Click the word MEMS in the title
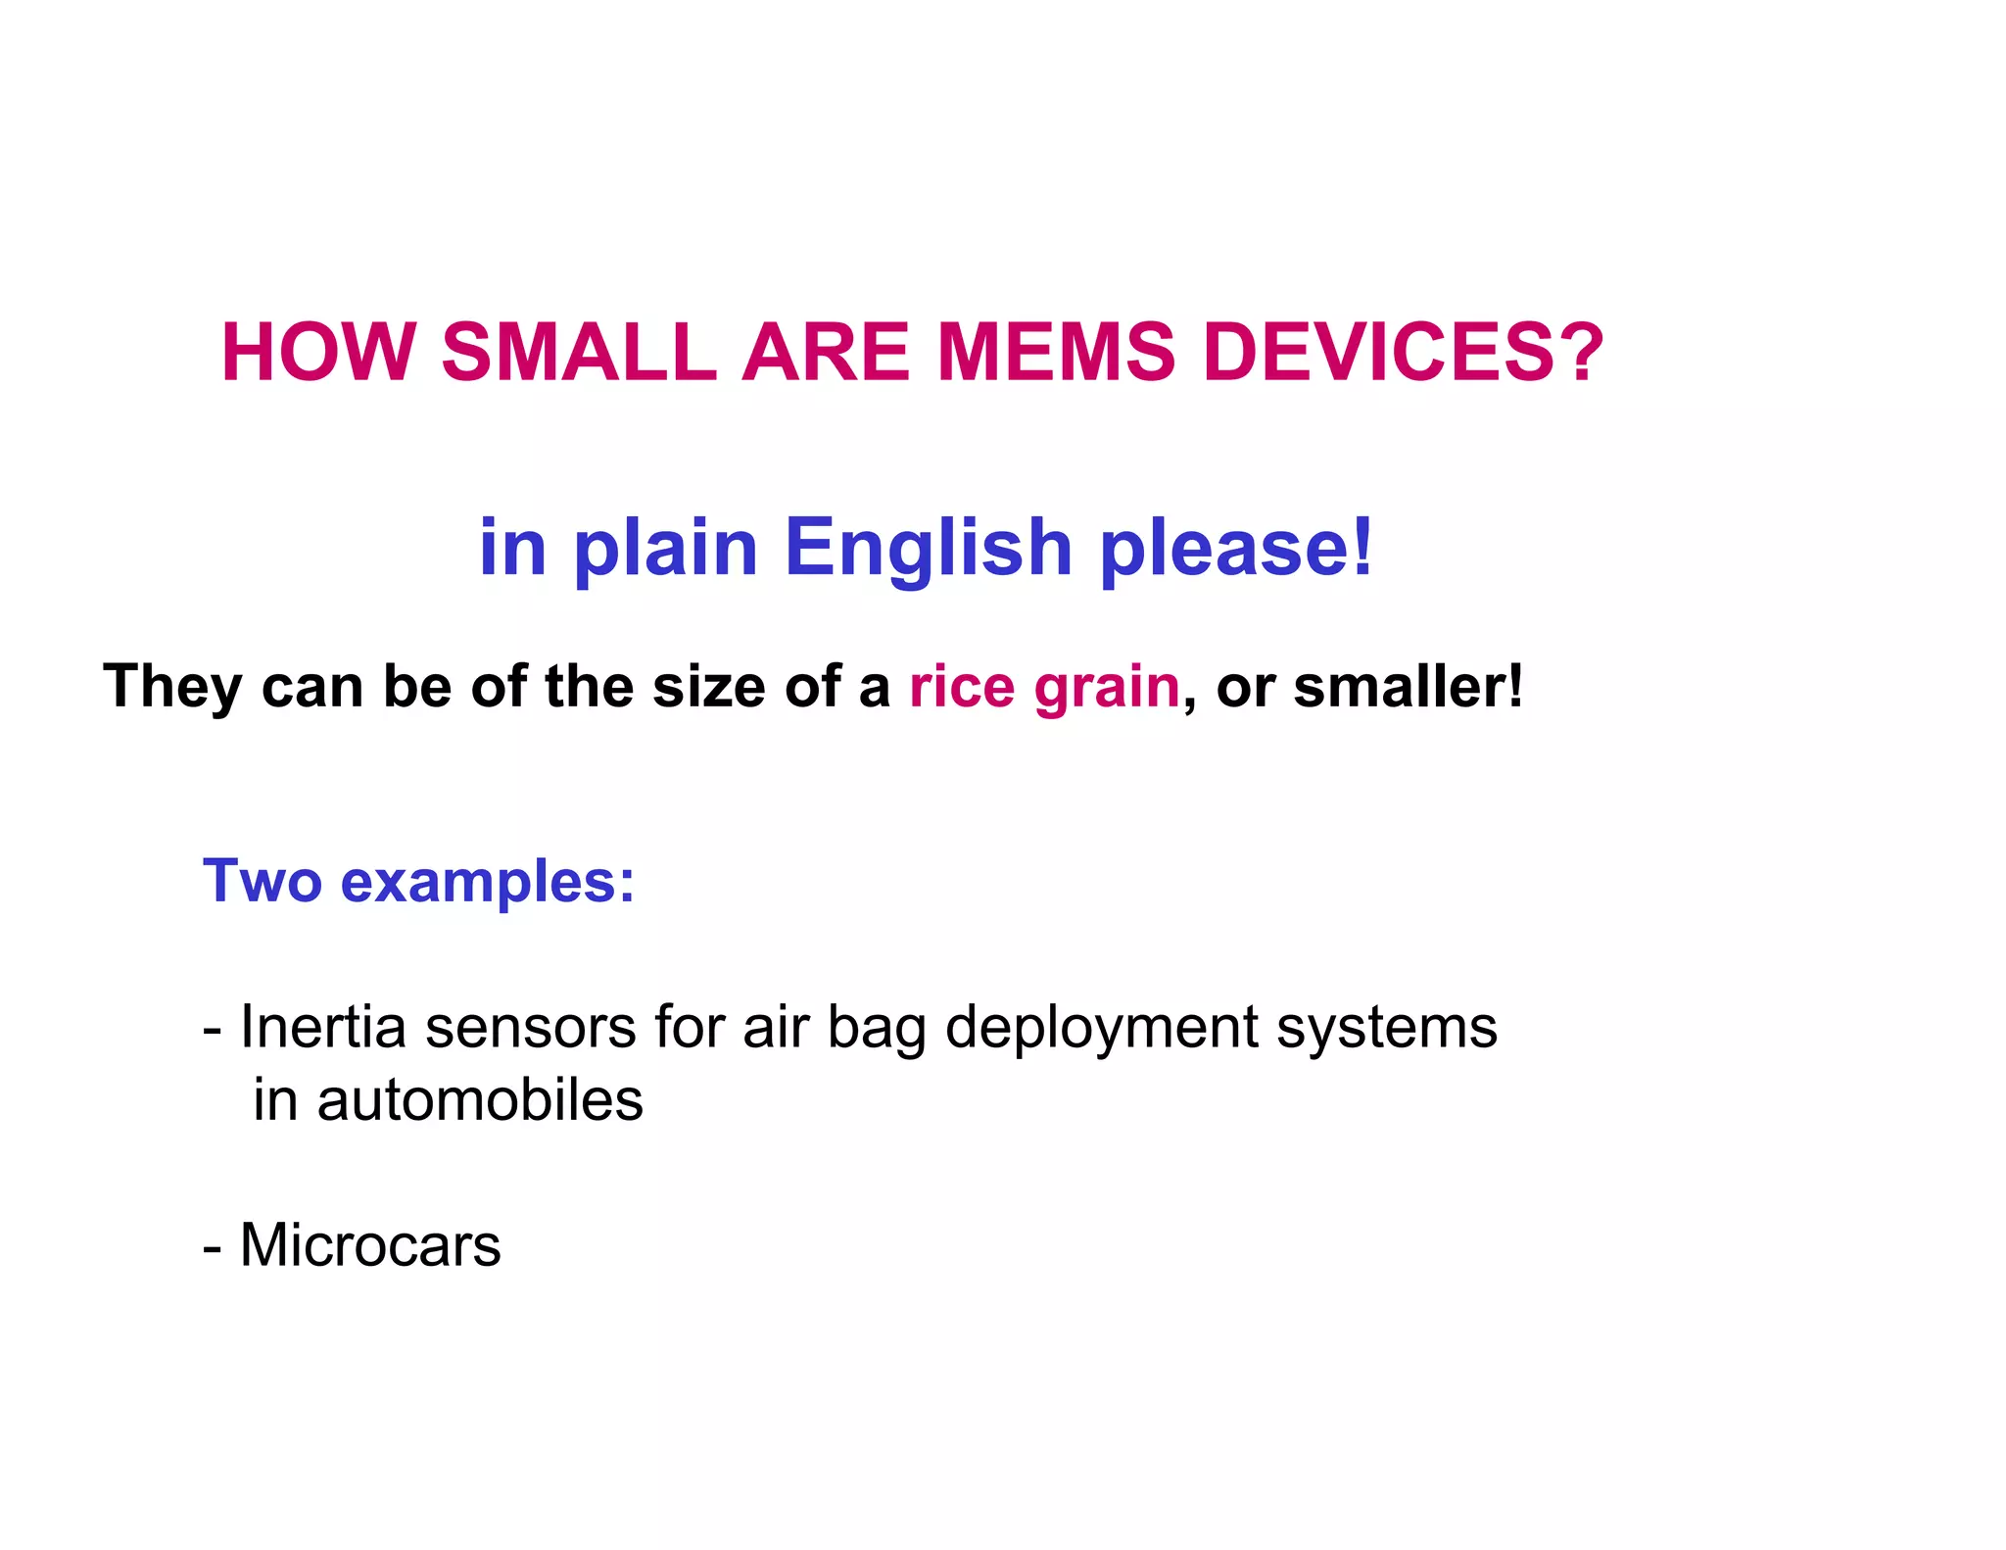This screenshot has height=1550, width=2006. click(1056, 353)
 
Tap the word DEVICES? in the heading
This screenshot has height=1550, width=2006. click(1403, 353)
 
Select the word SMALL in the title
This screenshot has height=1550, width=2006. click(579, 353)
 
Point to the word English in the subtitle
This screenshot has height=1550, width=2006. click(929, 549)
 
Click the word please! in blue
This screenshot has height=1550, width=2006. click(1237, 549)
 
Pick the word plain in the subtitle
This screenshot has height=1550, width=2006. click(666, 549)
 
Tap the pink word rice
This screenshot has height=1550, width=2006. click(962, 687)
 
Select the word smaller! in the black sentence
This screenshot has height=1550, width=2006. click(1409, 687)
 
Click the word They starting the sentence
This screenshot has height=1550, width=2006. click(172, 687)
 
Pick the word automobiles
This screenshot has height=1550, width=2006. click(480, 1100)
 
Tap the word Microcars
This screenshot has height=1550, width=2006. click(370, 1245)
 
